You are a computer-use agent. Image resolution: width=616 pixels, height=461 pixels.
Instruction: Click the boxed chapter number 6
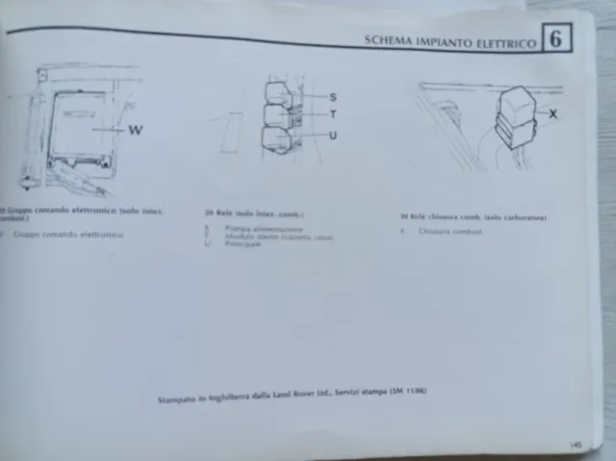[556, 39]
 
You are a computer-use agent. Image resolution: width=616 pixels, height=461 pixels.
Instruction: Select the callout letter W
[136, 131]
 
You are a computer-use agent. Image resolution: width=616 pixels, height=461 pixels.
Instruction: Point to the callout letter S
[333, 97]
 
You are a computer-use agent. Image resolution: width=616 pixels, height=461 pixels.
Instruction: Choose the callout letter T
[333, 115]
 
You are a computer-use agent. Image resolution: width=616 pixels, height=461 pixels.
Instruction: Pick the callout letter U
[333, 136]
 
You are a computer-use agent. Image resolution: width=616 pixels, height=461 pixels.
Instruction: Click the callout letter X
[552, 114]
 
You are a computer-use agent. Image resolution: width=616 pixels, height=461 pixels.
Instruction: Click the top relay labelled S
[279, 94]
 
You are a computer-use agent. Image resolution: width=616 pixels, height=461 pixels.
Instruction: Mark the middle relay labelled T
[277, 115]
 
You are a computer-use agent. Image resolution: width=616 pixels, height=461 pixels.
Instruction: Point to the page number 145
[575, 444]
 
